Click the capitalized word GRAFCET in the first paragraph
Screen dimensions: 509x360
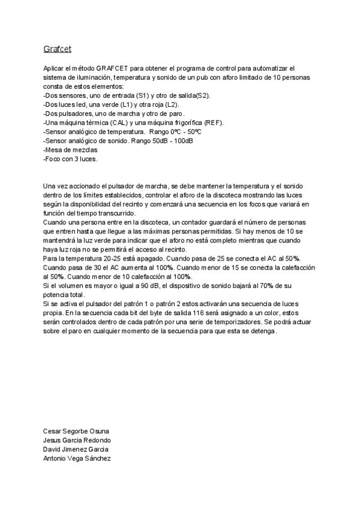click(x=113, y=70)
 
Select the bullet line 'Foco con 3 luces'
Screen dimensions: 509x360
click(x=71, y=158)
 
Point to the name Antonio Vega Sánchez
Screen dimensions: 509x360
click(x=77, y=458)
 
